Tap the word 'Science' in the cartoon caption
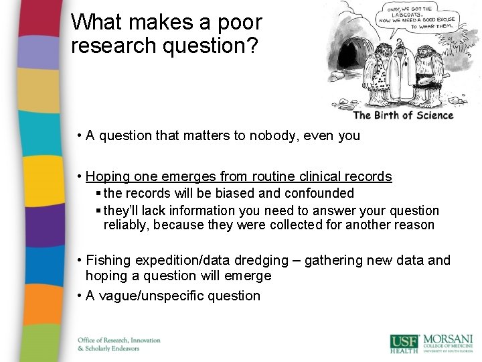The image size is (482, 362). tap(432, 115)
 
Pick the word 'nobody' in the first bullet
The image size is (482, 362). tap(274, 136)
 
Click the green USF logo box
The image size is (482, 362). tap(404, 343)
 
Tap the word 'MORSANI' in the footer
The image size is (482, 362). tap(447, 340)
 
